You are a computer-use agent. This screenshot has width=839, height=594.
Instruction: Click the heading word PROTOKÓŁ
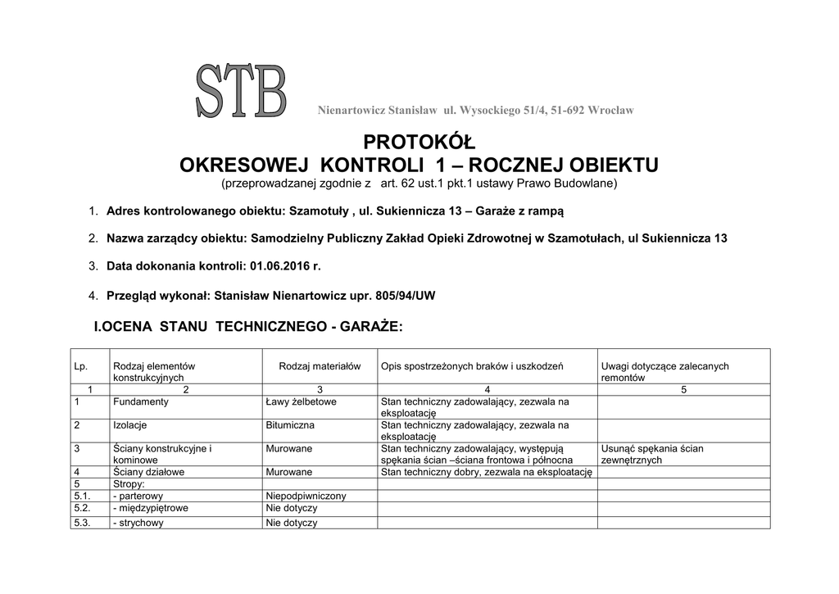tap(419, 143)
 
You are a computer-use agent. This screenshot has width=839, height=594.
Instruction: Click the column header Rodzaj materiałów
tap(320, 366)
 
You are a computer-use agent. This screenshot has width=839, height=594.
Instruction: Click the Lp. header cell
tap(80, 366)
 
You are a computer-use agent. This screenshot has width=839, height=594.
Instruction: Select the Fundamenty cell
tap(141, 401)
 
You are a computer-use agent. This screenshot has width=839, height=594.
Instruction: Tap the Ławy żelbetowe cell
tap(301, 401)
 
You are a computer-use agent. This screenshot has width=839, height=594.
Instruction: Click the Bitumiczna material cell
tap(290, 425)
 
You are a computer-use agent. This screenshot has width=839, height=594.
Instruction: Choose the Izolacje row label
tap(130, 425)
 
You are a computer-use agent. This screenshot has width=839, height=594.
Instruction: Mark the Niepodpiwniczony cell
tap(306, 496)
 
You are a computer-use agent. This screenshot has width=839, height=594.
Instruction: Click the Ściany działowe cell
tap(149, 472)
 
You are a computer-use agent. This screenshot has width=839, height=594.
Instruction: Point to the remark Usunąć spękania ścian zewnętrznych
tap(652, 454)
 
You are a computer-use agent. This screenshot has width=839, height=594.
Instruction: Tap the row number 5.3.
tap(82, 523)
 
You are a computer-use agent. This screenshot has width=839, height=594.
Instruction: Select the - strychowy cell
tap(138, 523)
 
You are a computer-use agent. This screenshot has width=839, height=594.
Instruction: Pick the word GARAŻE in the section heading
tap(371, 327)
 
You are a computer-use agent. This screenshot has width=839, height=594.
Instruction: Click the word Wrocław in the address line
tap(611, 110)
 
